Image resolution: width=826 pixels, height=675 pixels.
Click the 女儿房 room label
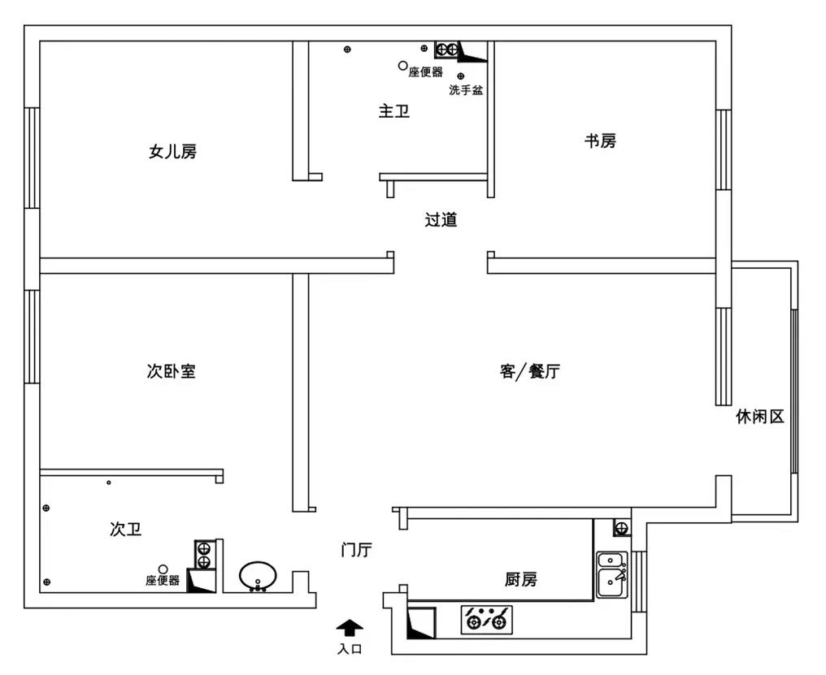click(173, 152)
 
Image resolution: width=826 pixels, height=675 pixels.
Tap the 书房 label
click(600, 141)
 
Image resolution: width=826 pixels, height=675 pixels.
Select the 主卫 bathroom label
click(394, 111)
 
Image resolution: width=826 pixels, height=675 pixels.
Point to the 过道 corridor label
click(441, 219)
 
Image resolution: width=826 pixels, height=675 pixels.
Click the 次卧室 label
click(172, 371)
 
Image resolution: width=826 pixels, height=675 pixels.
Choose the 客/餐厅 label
click(530, 371)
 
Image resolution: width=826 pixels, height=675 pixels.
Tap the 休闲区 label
click(760, 417)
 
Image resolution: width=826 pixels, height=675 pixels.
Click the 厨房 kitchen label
click(521, 580)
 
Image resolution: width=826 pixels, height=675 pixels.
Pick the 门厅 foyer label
click(357, 550)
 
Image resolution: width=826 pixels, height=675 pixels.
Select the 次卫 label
click(126, 529)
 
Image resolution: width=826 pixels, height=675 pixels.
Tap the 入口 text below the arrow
click(350, 649)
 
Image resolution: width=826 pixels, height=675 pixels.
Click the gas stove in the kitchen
click(487, 619)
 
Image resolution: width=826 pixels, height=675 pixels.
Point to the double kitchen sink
click(612, 574)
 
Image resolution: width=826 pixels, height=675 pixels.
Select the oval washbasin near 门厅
click(258, 576)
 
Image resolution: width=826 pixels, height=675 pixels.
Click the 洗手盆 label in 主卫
click(466, 90)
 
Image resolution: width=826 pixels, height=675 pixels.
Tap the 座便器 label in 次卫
click(163, 580)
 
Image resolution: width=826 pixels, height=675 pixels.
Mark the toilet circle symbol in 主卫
click(403, 66)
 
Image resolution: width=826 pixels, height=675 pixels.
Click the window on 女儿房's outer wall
click(32, 158)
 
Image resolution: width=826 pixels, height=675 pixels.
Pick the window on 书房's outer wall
click(724, 149)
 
